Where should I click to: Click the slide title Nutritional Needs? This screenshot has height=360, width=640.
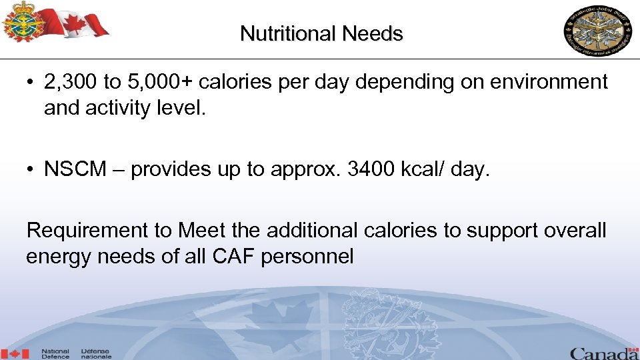point(321,33)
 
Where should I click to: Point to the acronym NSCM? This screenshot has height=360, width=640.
point(75,169)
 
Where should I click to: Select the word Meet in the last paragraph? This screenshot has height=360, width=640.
point(201,231)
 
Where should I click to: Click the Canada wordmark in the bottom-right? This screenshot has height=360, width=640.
point(603,353)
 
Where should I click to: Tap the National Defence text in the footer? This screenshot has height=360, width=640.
point(55,354)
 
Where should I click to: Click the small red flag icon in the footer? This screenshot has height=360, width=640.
point(15,354)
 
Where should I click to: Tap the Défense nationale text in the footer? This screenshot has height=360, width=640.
point(96,354)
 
